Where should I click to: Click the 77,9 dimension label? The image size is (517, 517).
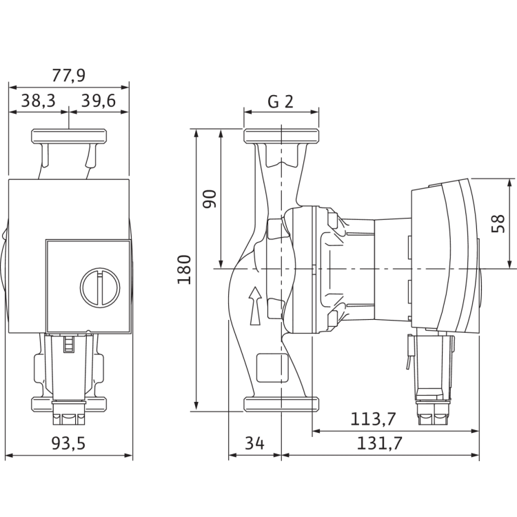pos(69,75)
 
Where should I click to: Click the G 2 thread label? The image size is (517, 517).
pos(281,102)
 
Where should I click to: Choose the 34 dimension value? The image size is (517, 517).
pos(255,444)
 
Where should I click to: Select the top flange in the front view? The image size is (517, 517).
pos(70,136)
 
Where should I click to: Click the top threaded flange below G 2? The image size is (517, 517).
pos(281,134)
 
